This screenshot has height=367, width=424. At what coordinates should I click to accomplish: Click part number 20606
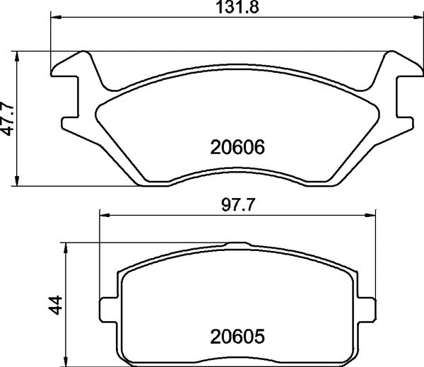click(x=237, y=148)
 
